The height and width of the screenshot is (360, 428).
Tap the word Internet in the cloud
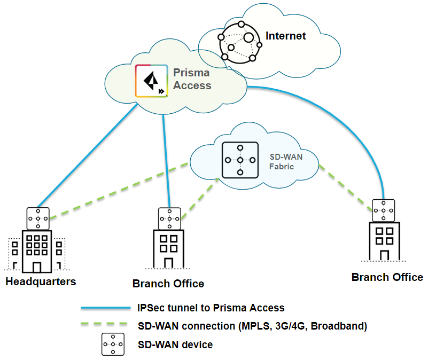click(286, 36)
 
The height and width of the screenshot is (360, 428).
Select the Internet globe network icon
click(240, 42)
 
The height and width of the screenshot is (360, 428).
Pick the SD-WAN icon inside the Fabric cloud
click(240, 160)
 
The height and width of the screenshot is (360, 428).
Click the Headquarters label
click(41, 281)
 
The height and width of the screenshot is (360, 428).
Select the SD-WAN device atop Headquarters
click(38, 218)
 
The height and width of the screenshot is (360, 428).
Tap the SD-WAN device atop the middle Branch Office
click(169, 218)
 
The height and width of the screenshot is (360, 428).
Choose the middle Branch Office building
click(169, 249)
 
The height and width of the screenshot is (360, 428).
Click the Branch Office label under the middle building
click(168, 283)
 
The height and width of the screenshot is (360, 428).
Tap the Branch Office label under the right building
click(387, 277)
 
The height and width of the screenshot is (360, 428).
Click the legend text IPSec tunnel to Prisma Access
click(211, 308)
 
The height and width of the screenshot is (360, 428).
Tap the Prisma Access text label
click(192, 79)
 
